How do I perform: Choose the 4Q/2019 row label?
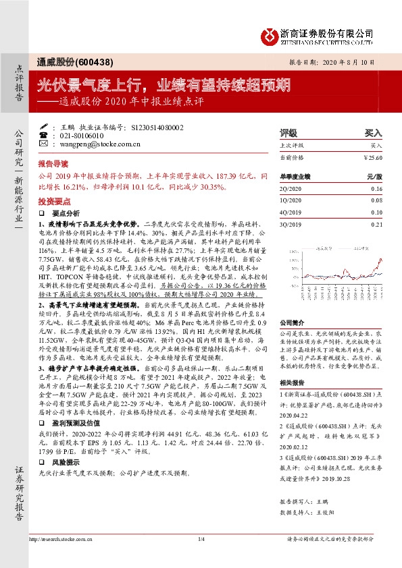point(290,212)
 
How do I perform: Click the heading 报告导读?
point(53,165)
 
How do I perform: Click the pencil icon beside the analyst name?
point(44,126)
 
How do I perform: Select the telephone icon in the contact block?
point(44,135)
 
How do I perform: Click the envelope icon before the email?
point(44,144)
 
